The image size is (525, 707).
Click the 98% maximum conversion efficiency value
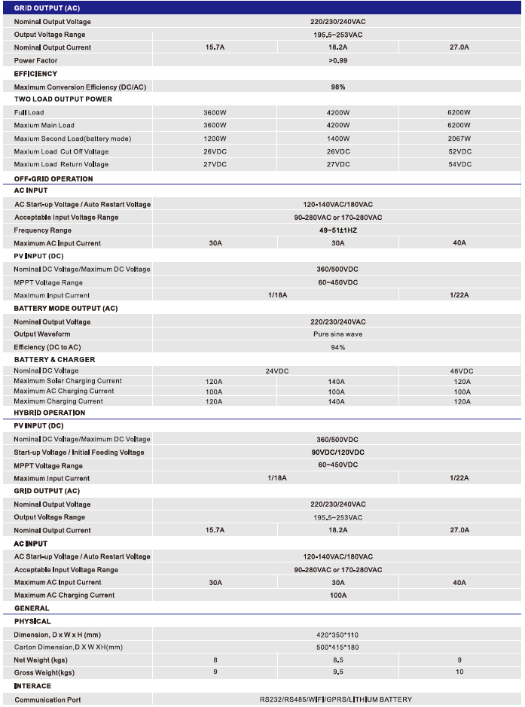coord(337,87)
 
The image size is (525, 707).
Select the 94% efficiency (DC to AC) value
coord(337,347)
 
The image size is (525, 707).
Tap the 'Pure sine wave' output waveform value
coord(337,334)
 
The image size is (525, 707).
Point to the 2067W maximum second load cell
coord(459,139)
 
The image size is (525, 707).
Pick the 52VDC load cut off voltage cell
coord(459,151)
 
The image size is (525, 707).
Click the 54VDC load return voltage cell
coord(459,164)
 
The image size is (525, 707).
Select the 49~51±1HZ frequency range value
coord(337,230)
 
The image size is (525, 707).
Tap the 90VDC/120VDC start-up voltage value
coord(337,453)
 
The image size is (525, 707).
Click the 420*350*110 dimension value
coord(337,634)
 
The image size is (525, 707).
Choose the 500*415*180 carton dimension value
coord(337,648)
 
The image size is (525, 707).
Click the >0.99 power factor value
coord(337,60)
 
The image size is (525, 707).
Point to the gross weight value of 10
coord(459,672)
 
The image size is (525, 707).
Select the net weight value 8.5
coord(337,660)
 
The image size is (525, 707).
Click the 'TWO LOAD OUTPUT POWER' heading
coord(63,99)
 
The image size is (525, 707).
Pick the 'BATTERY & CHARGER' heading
coord(54,360)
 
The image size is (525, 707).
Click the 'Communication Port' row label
coord(47,700)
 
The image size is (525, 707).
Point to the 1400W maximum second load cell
coord(337,139)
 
